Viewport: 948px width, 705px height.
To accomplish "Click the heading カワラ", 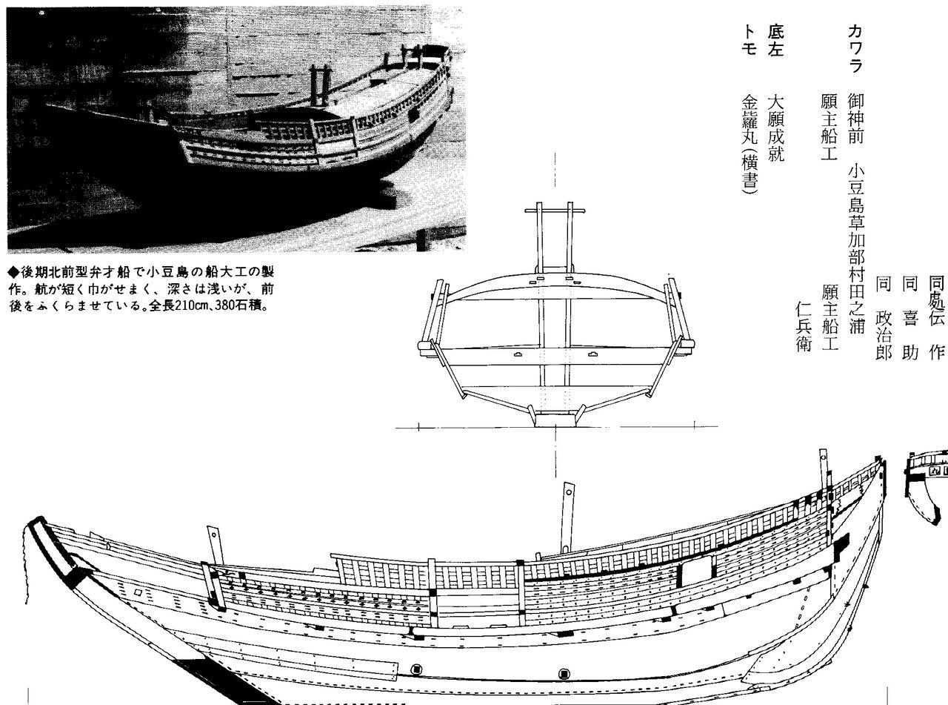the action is coord(855,48).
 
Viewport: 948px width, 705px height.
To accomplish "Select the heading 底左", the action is coord(775,41).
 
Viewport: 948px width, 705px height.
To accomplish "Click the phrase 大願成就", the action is coord(775,127).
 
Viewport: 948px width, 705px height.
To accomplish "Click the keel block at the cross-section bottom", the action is coord(555,419).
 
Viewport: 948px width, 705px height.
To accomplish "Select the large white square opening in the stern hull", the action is coord(695,572).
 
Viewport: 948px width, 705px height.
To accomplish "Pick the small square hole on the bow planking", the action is coord(138,594).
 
